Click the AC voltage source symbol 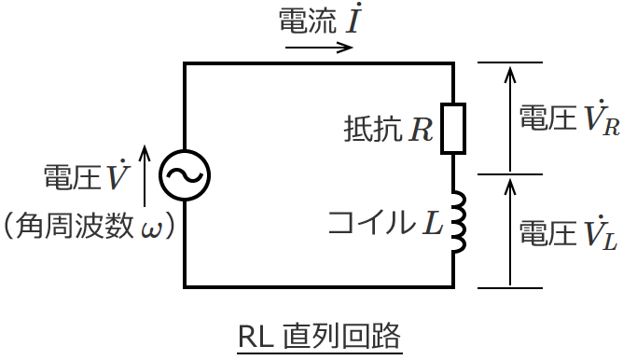coord(184,174)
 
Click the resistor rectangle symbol coord(453,128)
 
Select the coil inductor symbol coord(457,224)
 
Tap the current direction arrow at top coord(320,47)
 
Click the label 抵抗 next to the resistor coord(370,130)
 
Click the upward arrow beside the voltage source coord(145,175)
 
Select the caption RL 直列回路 coord(320,334)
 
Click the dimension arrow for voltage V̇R coord(509,118)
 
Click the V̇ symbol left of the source coord(118,175)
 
